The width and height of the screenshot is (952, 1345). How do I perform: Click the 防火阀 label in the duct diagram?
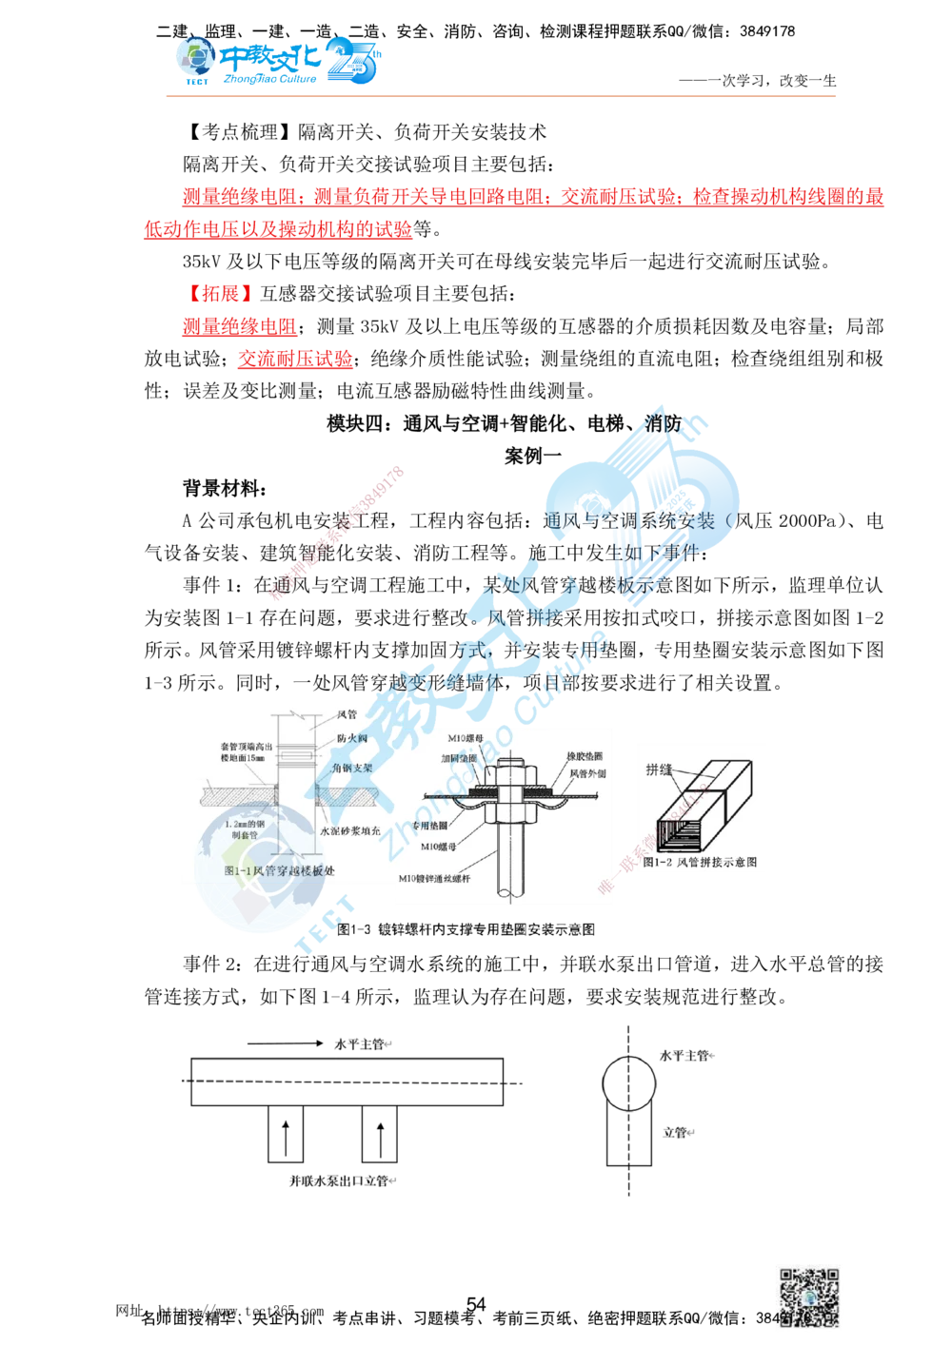351,738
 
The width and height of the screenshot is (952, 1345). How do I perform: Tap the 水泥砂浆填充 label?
349,830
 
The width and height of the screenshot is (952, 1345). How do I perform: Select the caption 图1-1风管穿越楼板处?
279,870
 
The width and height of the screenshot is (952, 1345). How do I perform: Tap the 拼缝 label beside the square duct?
659,769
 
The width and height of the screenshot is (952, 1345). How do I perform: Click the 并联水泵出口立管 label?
339,1181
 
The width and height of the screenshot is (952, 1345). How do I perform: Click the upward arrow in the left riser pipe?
284,1137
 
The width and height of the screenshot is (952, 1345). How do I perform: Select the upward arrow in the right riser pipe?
380,1137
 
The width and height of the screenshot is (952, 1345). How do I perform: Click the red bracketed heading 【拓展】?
220,292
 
